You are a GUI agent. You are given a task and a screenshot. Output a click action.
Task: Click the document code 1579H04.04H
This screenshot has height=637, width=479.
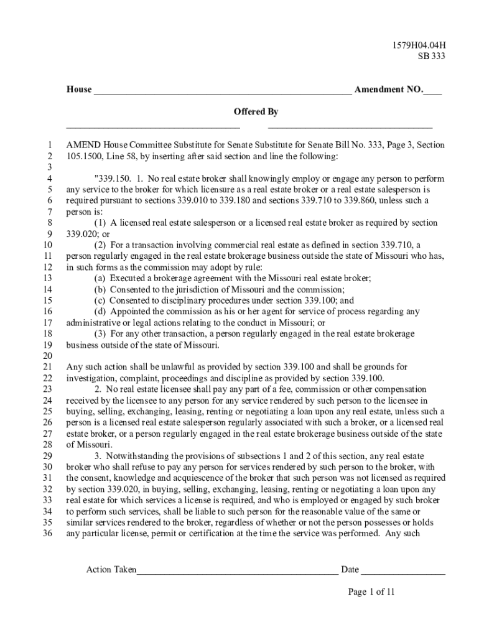point(418,45)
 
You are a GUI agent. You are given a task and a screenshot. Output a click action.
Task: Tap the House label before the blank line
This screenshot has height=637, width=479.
point(79,90)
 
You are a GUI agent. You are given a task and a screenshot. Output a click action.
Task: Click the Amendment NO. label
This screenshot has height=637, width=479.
point(388,90)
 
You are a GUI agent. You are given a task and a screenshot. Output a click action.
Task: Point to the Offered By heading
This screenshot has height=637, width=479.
point(256,112)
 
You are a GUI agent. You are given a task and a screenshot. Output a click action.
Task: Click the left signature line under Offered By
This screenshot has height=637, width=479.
point(153,127)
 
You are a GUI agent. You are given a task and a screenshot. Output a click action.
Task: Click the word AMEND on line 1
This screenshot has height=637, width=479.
point(84,145)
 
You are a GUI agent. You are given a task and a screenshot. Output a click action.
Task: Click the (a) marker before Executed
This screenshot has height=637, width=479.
point(100,279)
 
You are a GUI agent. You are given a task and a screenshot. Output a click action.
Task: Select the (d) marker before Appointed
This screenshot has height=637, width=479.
point(100,312)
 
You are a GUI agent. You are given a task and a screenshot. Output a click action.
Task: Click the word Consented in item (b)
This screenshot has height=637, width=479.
point(129,290)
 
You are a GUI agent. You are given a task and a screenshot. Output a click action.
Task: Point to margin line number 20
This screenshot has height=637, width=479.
point(47,356)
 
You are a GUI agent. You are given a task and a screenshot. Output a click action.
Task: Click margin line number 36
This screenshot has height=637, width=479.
point(47,534)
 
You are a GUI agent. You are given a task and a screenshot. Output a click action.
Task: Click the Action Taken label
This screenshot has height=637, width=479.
point(111,570)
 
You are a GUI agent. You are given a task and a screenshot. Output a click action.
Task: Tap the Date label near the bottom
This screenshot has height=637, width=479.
point(350,570)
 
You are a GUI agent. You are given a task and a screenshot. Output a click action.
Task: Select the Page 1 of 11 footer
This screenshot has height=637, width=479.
point(371,592)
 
